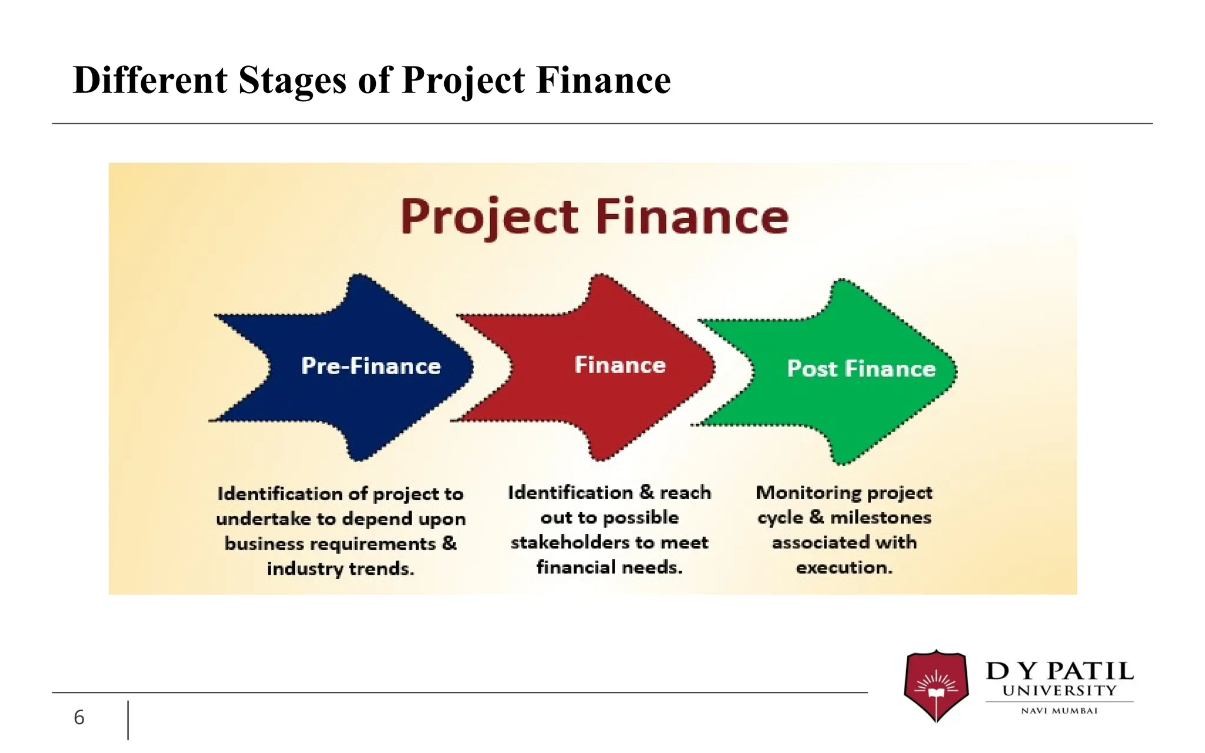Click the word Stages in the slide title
pyautogui.click(x=292, y=80)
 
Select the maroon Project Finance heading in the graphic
pyautogui.click(x=594, y=217)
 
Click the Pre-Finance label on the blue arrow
pyautogui.click(x=371, y=366)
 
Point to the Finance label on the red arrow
pyautogui.click(x=620, y=365)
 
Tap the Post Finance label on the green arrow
pyautogui.click(x=861, y=369)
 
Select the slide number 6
pyautogui.click(x=79, y=718)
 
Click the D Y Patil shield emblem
pyautogui.click(x=936, y=685)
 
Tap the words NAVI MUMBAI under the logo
pyautogui.click(x=1059, y=711)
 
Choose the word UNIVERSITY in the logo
pyautogui.click(x=1059, y=691)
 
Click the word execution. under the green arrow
pyautogui.click(x=844, y=568)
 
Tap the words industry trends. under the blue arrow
pyautogui.click(x=340, y=569)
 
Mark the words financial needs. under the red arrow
pyautogui.click(x=609, y=568)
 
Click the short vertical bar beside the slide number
pyautogui.click(x=128, y=719)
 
